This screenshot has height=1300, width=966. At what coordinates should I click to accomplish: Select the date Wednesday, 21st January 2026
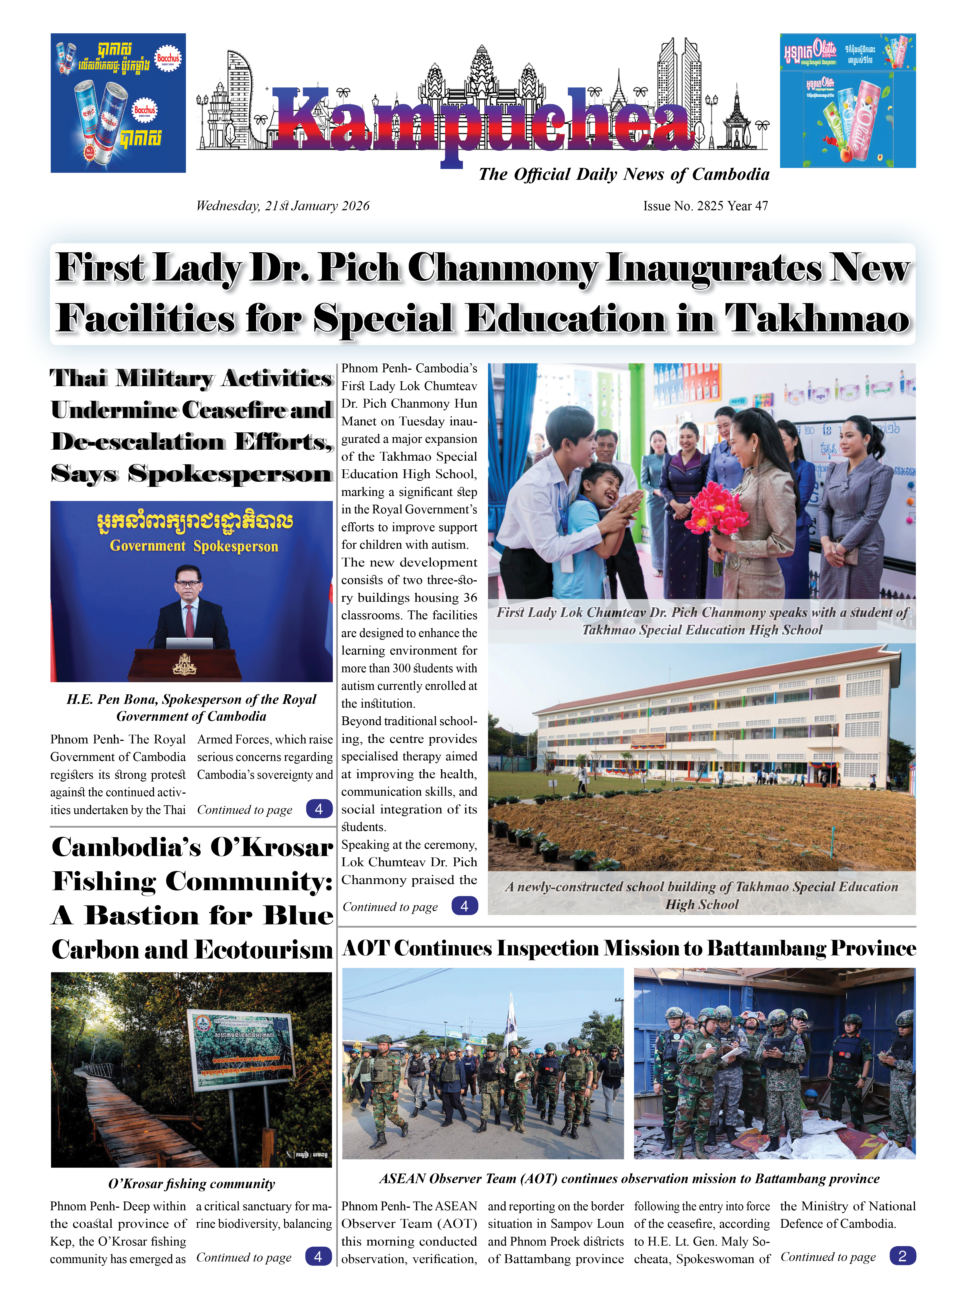[282, 206]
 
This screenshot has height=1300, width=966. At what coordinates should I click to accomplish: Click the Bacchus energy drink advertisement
[118, 103]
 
